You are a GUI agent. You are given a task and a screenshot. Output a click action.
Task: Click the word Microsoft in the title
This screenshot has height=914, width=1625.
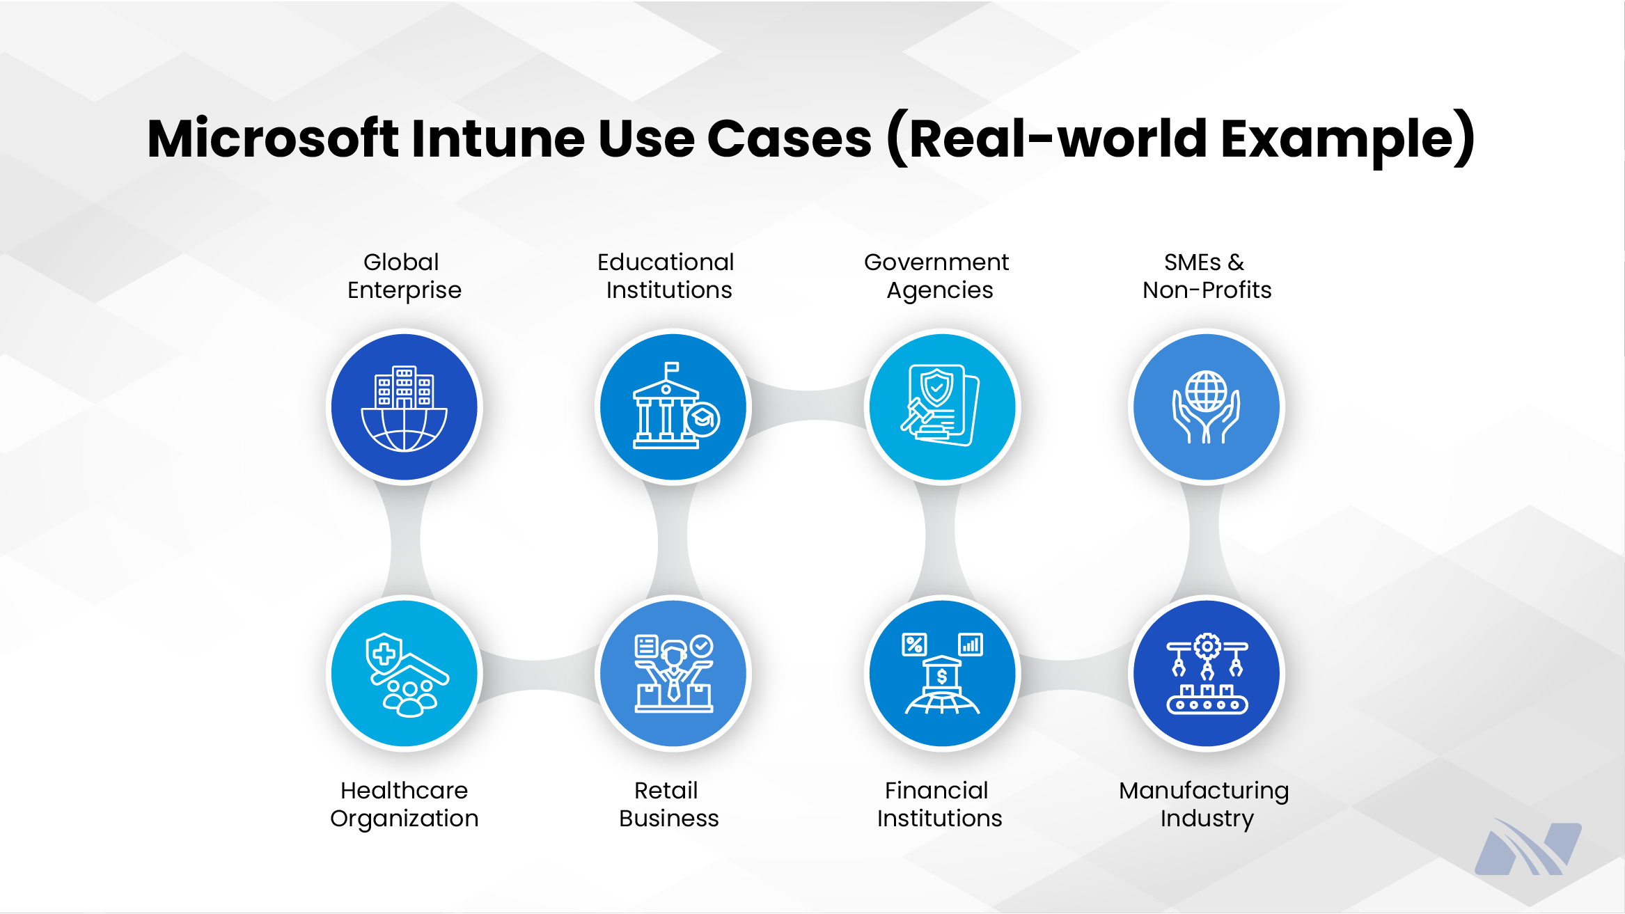(272, 139)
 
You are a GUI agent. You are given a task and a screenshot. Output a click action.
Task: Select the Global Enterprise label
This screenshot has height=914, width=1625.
(404, 276)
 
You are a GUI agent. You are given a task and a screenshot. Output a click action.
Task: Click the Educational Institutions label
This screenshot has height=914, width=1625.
(666, 276)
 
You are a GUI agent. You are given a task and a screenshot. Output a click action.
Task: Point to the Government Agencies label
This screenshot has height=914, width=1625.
(937, 276)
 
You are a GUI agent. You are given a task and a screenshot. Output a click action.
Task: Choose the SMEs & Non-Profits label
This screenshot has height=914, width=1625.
(1207, 276)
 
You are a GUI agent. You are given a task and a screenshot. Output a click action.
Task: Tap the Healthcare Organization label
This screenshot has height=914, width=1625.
(405, 805)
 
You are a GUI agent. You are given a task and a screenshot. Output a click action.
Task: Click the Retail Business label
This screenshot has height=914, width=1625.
(668, 804)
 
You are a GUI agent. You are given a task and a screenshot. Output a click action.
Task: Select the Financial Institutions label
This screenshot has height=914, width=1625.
(939, 804)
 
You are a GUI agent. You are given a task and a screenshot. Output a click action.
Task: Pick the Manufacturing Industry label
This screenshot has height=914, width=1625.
(1204, 805)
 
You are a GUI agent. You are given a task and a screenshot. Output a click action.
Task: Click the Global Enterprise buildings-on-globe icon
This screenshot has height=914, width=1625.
(404, 409)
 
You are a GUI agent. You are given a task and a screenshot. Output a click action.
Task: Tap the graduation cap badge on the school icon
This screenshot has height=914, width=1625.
(702, 419)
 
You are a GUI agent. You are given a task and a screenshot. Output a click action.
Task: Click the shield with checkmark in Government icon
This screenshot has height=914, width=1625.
(936, 387)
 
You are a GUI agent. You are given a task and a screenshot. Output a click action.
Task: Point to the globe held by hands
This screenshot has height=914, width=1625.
(1207, 391)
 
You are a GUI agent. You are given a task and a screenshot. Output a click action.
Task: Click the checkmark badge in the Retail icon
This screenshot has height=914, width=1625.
(702, 646)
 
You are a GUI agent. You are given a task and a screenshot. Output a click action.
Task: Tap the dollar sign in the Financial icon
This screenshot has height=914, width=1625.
(942, 677)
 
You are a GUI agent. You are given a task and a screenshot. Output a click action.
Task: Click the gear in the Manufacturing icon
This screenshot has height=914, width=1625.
(1207, 647)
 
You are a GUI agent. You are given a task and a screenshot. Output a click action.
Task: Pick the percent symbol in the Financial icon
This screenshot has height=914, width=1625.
(914, 645)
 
